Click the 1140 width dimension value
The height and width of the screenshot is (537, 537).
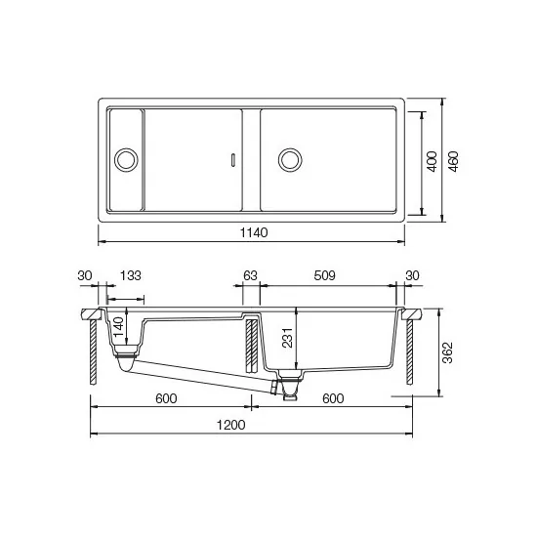point(251,232)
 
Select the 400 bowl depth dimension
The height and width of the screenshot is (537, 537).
point(431,160)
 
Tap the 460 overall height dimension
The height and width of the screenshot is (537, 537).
point(453,160)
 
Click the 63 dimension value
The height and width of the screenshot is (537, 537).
point(250,276)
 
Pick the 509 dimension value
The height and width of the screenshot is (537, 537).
point(325,276)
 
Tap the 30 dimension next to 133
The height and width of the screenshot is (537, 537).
point(84,276)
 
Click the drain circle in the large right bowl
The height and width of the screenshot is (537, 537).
point(290,158)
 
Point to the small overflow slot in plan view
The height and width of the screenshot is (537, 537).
point(231,158)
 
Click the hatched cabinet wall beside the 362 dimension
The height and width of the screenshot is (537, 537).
point(409,351)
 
